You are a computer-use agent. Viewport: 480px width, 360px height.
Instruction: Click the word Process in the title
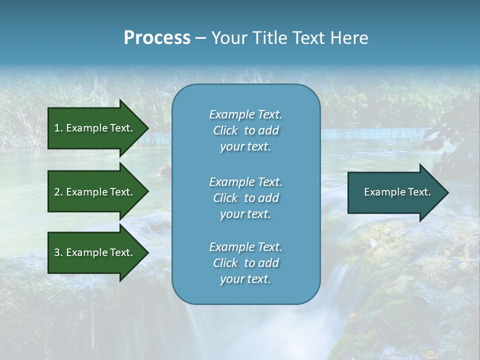(157, 38)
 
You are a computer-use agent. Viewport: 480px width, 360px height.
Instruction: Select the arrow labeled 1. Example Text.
(93, 128)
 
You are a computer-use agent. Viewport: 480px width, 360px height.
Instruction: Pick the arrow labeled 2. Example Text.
(93, 192)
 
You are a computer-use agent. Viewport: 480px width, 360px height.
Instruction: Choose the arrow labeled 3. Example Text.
(93, 252)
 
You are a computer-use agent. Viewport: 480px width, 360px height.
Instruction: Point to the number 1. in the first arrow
(58, 128)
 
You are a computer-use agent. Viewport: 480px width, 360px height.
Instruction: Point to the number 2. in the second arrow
(58, 192)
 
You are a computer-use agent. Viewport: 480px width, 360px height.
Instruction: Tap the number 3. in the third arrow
(58, 252)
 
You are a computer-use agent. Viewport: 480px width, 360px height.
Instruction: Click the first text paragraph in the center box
(245, 130)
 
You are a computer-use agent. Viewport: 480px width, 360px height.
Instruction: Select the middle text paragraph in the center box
(245, 198)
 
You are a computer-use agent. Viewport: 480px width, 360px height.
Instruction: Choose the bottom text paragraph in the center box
(245, 263)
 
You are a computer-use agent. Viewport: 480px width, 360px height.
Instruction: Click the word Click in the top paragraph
(225, 130)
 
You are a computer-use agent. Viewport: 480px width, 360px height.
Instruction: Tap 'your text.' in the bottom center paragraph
(245, 279)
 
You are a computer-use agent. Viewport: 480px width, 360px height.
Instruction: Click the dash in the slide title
(200, 38)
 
